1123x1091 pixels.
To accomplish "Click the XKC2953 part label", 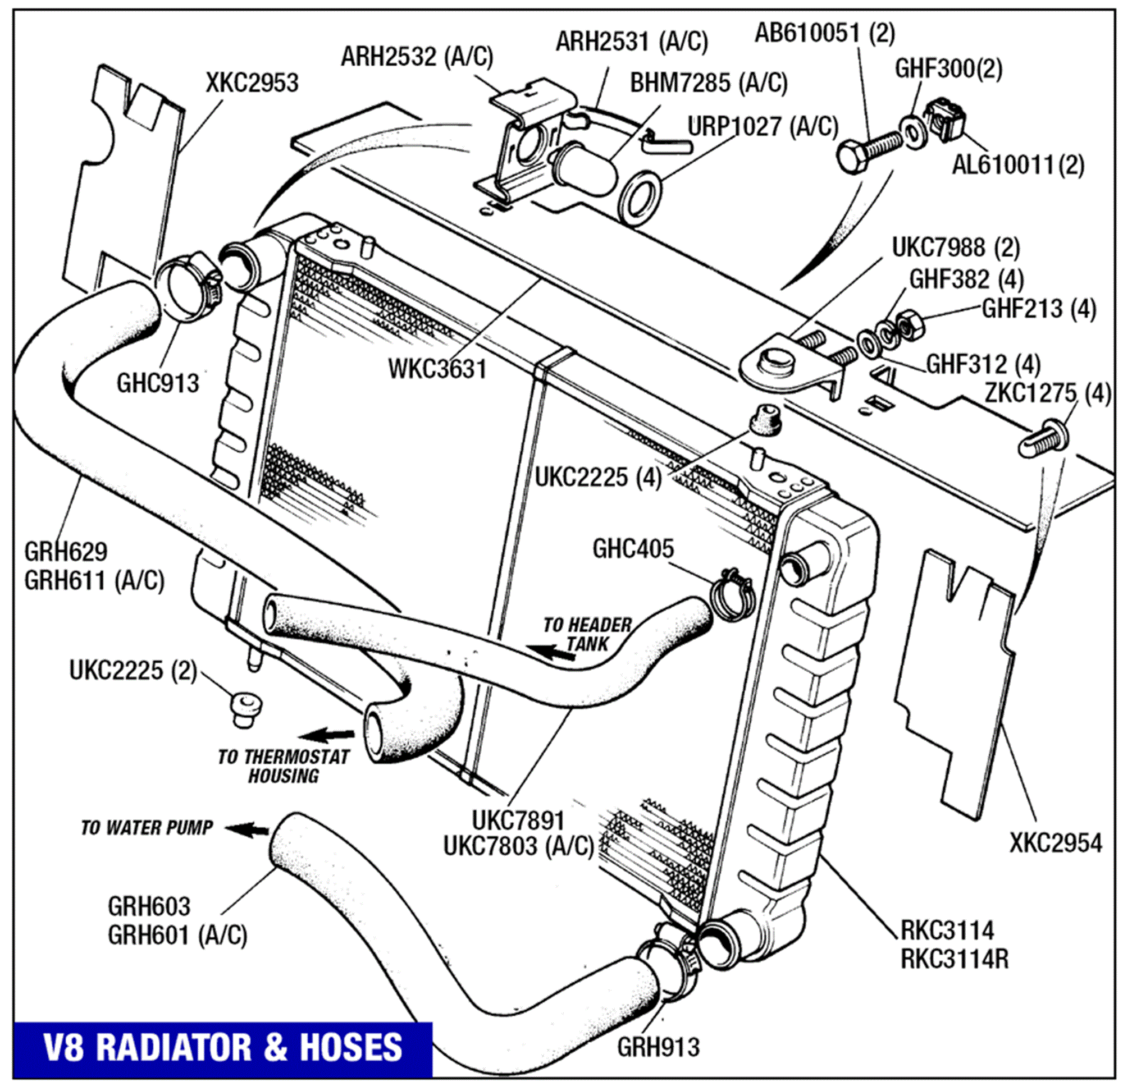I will point(252,84).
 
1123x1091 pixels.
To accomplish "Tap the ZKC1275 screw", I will point(1043,440).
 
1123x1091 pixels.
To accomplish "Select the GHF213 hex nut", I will point(909,326).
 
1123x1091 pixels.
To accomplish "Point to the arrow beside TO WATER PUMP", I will point(248,828).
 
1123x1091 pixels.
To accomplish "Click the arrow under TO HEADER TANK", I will point(550,652).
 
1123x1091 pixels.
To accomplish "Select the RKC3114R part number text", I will point(954,959).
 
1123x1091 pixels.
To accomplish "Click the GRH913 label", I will point(658,1047).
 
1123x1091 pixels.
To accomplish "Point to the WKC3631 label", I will point(437,370).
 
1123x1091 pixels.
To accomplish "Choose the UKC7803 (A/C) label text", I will point(518,847).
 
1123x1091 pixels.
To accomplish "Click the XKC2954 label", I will point(1056,843).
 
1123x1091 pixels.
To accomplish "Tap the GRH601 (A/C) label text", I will point(177,936).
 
